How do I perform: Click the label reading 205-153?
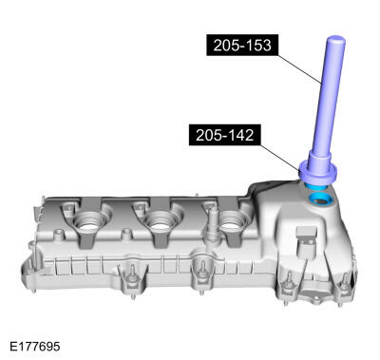pos(242,45)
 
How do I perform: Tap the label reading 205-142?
pos(225,135)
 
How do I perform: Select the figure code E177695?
pos(35,346)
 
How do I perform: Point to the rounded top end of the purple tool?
pos(335,41)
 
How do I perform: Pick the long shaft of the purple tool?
pos(329,95)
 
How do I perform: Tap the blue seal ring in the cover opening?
pos(321,201)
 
